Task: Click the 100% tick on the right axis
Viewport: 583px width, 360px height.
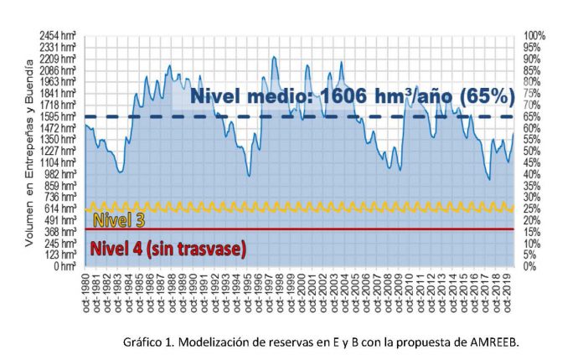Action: point(534,36)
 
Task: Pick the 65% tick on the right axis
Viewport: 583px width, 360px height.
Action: point(532,116)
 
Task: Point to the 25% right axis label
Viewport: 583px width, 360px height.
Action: point(532,208)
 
